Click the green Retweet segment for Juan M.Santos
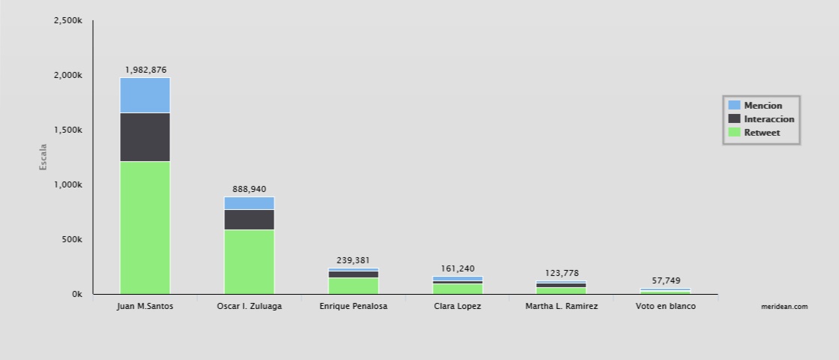click(145, 227)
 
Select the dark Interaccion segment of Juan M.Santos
click(145, 137)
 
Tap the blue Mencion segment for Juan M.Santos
click(145, 95)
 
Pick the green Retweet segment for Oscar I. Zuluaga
click(249, 261)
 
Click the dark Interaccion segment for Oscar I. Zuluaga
click(249, 219)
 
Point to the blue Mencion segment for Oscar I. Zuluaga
click(249, 203)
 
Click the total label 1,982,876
click(145, 70)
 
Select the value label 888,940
click(249, 189)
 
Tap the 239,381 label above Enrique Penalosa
click(353, 260)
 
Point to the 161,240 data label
click(457, 268)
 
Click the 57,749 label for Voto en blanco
click(666, 280)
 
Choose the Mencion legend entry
click(763, 106)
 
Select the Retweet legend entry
click(762, 133)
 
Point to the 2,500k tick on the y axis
click(67, 21)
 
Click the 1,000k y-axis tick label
click(67, 184)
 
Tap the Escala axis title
click(43, 156)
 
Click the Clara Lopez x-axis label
click(457, 307)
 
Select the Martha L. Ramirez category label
click(562, 307)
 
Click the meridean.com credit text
click(784, 307)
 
